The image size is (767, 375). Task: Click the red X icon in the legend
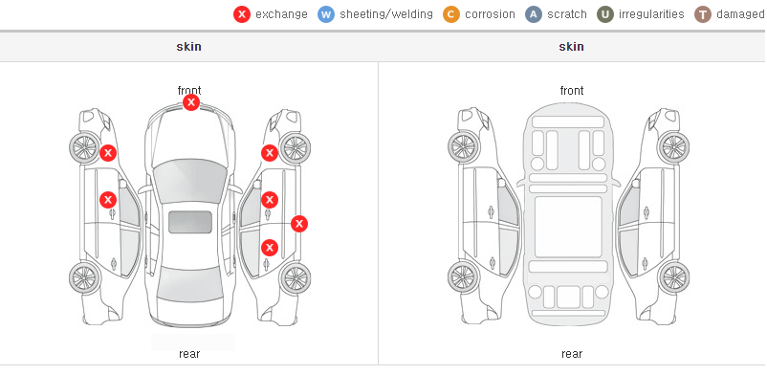pyautogui.click(x=242, y=14)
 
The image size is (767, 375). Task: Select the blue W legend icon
pyautogui.click(x=326, y=14)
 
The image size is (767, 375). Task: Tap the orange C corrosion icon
pyautogui.click(x=451, y=14)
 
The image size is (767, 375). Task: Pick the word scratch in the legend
pyautogui.click(x=567, y=14)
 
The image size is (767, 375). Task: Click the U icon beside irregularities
pyautogui.click(x=605, y=14)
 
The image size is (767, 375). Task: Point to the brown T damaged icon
pyautogui.click(x=702, y=14)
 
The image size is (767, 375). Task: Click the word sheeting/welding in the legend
pyautogui.click(x=386, y=14)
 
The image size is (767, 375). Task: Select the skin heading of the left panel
pyautogui.click(x=188, y=47)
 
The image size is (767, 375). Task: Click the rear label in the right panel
pyautogui.click(x=572, y=353)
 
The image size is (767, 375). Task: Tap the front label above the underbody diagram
pyautogui.click(x=572, y=91)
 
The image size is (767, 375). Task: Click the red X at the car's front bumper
pyautogui.click(x=191, y=102)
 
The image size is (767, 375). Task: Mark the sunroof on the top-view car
pyautogui.click(x=190, y=222)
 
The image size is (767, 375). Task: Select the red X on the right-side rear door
pyautogui.click(x=270, y=248)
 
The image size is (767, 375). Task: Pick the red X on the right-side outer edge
pyautogui.click(x=299, y=224)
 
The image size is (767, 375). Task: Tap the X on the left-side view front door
pyautogui.click(x=108, y=200)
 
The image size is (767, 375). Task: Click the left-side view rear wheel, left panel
pyautogui.click(x=84, y=278)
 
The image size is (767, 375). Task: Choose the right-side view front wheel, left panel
pyautogui.click(x=295, y=148)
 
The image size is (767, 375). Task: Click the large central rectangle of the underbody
pyautogui.click(x=568, y=227)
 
